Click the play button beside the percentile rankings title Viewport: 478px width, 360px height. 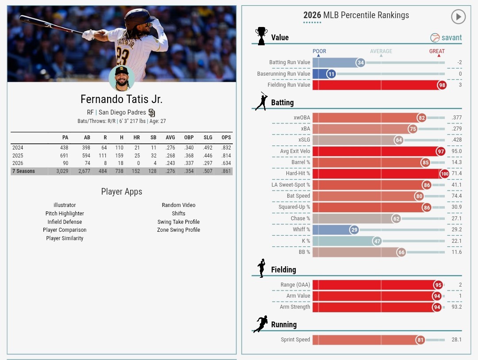[x=458, y=17]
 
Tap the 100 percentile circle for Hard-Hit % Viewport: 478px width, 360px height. [x=444, y=174]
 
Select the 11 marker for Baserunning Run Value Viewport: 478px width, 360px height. [x=331, y=74]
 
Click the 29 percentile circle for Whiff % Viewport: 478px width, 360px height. [x=354, y=230]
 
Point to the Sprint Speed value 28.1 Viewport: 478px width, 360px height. [x=457, y=340]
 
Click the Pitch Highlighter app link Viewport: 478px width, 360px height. [x=65, y=213]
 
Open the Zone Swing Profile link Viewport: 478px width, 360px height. [x=178, y=230]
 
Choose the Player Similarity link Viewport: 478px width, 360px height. [x=65, y=238]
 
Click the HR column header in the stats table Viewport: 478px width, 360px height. [x=136, y=138]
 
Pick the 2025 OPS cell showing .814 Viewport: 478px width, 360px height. [x=226, y=156]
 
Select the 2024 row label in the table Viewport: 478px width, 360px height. [x=18, y=148]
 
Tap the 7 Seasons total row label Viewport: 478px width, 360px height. [x=23, y=171]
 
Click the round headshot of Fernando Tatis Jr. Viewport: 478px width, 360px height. [x=121, y=78]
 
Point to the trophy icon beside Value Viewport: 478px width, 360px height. [x=261, y=36]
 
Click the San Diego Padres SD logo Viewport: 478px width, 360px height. [x=152, y=113]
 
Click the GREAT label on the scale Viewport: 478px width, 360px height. [x=437, y=51]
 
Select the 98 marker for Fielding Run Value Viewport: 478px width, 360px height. [x=441, y=85]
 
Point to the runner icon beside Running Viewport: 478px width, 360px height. [x=261, y=324]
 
